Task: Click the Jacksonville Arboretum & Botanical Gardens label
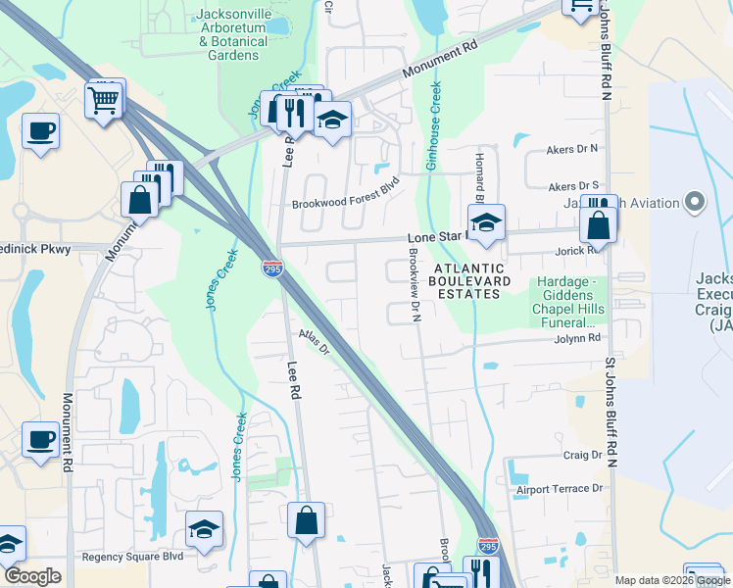pyautogui.click(x=232, y=35)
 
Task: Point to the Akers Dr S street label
pyautogui.click(x=573, y=185)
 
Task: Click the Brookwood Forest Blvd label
pyautogui.click(x=347, y=205)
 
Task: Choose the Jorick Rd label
pyautogui.click(x=579, y=251)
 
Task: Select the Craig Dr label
pyautogui.click(x=582, y=455)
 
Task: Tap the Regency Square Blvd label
pyautogui.click(x=132, y=556)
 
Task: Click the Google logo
pyautogui.click(x=32, y=576)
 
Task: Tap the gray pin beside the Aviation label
pyautogui.click(x=696, y=203)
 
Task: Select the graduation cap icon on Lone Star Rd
pyautogui.click(x=485, y=222)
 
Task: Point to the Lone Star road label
pyautogui.click(x=435, y=238)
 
